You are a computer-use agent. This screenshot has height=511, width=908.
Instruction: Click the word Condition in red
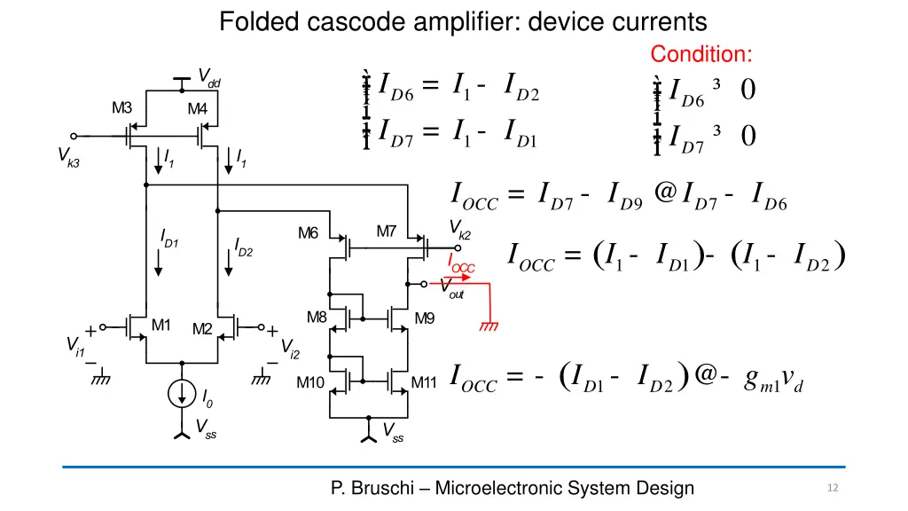(701, 54)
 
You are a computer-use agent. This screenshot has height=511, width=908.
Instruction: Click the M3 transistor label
(121, 108)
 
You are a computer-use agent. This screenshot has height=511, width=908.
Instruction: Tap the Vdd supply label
(208, 78)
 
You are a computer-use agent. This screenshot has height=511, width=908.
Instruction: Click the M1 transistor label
(160, 325)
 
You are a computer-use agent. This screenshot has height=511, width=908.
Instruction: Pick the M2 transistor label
(202, 329)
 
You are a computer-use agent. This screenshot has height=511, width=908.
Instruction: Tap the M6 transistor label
(308, 233)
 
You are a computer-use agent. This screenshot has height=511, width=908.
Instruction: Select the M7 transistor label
(386, 232)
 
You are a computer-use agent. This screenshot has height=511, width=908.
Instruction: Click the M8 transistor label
(317, 317)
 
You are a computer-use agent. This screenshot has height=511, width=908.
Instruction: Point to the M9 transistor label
(425, 318)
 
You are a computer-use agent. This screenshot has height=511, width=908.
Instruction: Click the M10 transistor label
(309, 383)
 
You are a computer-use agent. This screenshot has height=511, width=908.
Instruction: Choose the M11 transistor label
(425, 383)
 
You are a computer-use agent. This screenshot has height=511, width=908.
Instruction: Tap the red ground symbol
(488, 326)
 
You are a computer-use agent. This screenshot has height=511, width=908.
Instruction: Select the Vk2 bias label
(460, 229)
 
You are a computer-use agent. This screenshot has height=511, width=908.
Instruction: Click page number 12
(832, 488)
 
